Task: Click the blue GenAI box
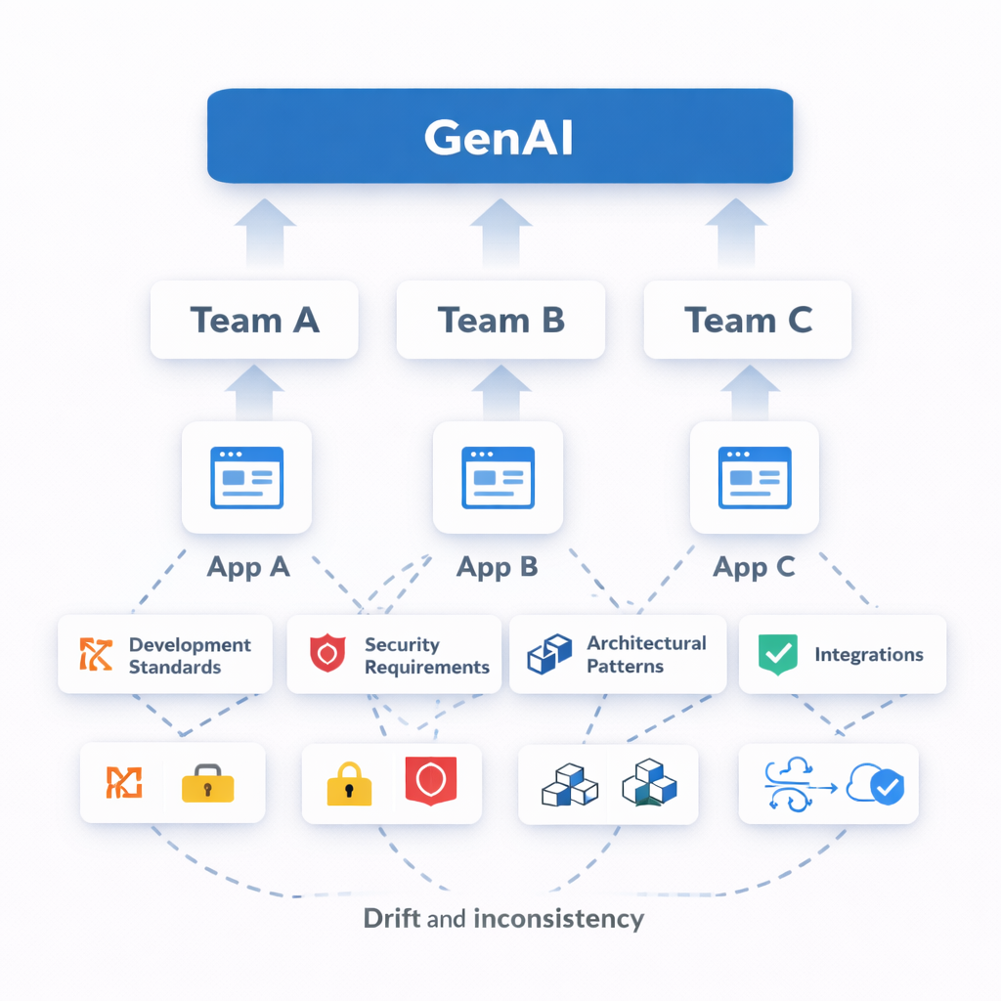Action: pyautogui.click(x=500, y=136)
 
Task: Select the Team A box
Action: pyautogui.click(x=254, y=320)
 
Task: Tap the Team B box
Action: pyautogui.click(x=500, y=320)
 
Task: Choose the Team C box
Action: pyautogui.click(x=748, y=320)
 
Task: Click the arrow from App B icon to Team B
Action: pyautogui.click(x=500, y=391)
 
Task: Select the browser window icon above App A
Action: pyautogui.click(x=246, y=477)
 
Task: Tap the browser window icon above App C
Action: pyautogui.click(x=754, y=477)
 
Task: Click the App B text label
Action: pyautogui.click(x=498, y=567)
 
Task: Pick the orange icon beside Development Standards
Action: pyautogui.click(x=96, y=655)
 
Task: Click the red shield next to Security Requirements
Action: pyautogui.click(x=327, y=654)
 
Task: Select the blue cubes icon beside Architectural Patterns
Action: pyautogui.click(x=548, y=654)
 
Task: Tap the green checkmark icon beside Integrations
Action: pyautogui.click(x=778, y=654)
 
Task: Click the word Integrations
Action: pyautogui.click(x=868, y=655)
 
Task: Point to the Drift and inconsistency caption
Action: pyautogui.click(x=503, y=919)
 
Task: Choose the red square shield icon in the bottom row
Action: pyautogui.click(x=431, y=780)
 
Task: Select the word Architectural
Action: pyautogui.click(x=646, y=643)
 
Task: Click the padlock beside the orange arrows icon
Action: pyautogui.click(x=207, y=784)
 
